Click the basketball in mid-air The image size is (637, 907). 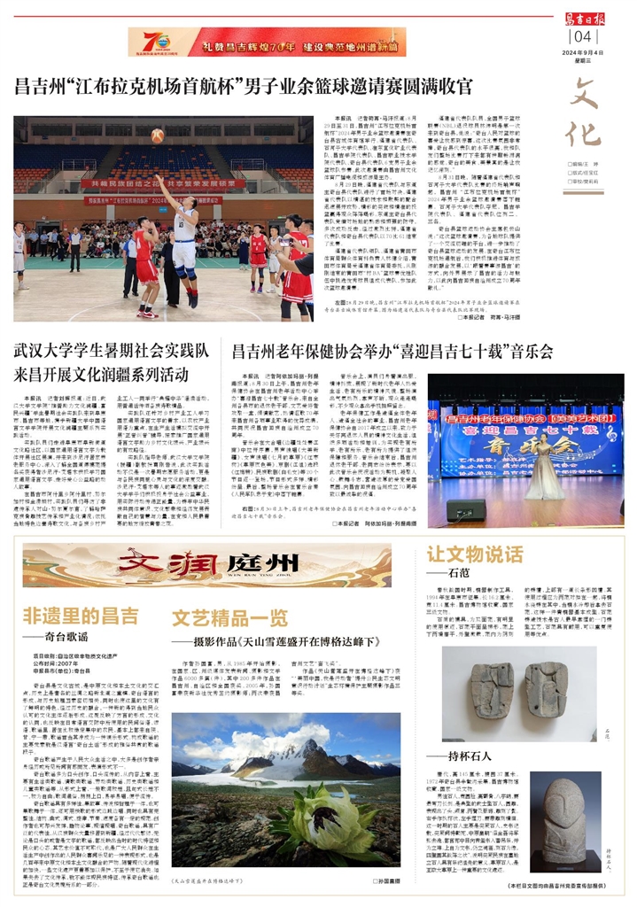(158, 136)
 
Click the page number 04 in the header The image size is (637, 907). (582, 36)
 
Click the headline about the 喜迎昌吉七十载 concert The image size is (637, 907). (392, 352)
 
